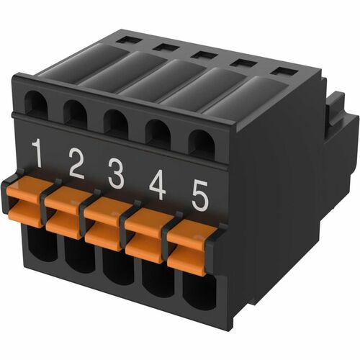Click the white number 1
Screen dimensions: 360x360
(38, 153)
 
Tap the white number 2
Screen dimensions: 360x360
(76, 165)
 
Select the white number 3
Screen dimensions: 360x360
(116, 174)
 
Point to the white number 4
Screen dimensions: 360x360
(157, 184)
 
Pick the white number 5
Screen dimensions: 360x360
(200, 195)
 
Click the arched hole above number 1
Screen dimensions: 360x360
(36, 106)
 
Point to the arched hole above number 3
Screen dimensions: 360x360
(115, 122)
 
